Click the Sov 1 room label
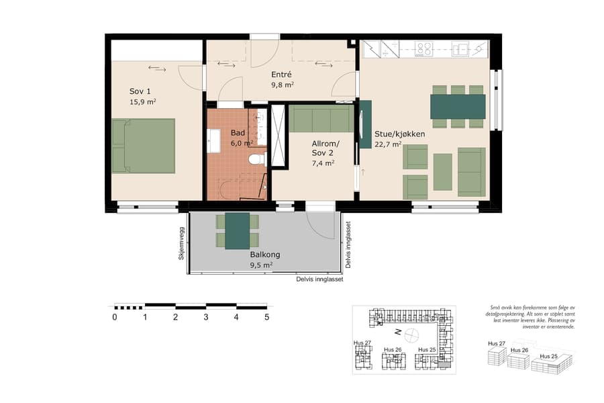[140, 91]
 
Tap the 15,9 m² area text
[142, 102]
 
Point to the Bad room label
[238, 133]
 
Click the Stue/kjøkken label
[399, 134]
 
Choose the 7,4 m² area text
[323, 163]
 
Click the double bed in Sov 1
[143, 146]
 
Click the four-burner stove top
[424, 49]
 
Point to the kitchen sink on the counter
[460, 49]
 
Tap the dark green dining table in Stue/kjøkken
[458, 106]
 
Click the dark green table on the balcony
[237, 230]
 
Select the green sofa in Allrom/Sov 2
[320, 119]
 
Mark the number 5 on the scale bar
[267, 317]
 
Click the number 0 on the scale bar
[115, 317]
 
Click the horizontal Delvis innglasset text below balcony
[319, 279]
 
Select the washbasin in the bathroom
[215, 142]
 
